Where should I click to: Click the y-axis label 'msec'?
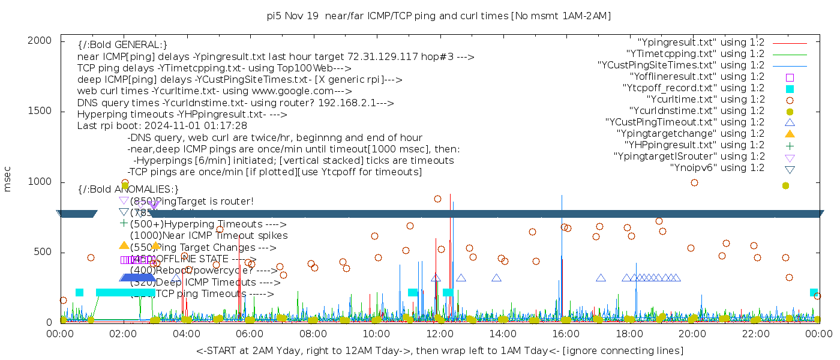pyautogui.click(x=8, y=179)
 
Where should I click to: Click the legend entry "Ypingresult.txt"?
pyautogui.click(x=701, y=43)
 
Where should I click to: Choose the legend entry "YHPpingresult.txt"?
pyautogui.click(x=694, y=145)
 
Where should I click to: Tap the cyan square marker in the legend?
pyautogui.click(x=790, y=89)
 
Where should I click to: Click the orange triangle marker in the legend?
pyautogui.click(x=790, y=134)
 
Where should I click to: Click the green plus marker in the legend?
pyautogui.click(x=790, y=145)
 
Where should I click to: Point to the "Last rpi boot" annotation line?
pyautogui.click(x=162, y=126)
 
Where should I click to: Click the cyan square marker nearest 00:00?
pyautogui.click(x=79, y=293)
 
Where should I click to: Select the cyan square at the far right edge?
pyautogui.click(x=814, y=293)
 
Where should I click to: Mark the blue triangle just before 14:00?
pyautogui.click(x=496, y=278)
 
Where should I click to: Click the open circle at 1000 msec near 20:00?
pyautogui.click(x=694, y=182)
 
